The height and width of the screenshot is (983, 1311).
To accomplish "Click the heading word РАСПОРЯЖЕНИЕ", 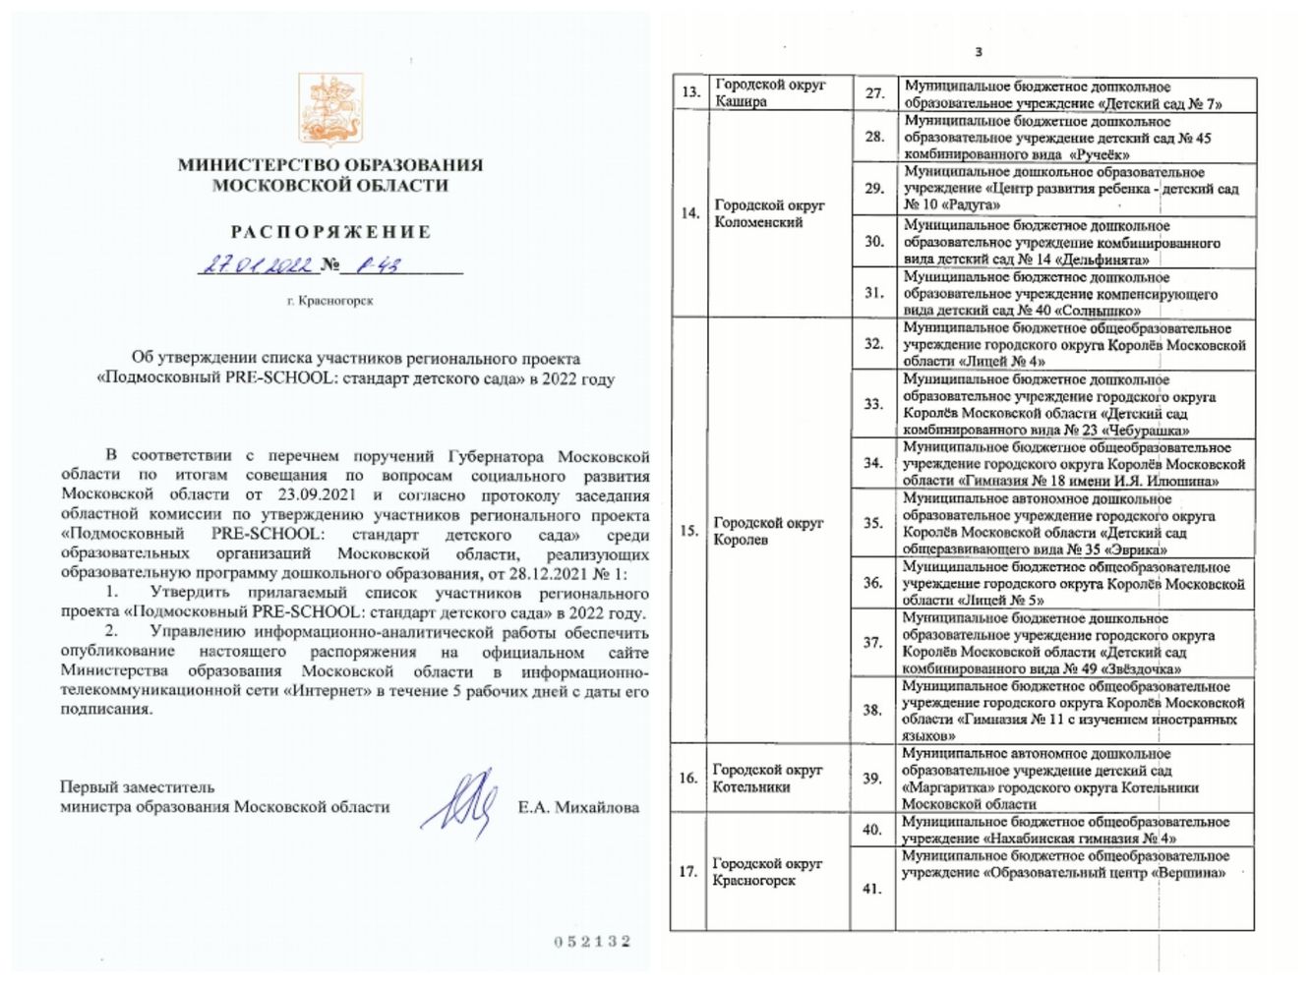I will click(x=330, y=233).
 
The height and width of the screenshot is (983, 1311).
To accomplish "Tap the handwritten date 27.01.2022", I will click(x=256, y=265).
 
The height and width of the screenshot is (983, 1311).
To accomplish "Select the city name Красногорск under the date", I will click(x=336, y=301).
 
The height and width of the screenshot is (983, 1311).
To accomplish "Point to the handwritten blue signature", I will click(x=459, y=804).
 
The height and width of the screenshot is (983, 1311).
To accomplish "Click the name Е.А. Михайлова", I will click(x=578, y=808).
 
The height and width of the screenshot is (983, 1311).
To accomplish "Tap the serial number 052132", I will click(x=592, y=942).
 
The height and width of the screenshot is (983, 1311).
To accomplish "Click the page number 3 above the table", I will click(x=978, y=52).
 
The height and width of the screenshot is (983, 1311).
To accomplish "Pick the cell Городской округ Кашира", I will click(x=770, y=92).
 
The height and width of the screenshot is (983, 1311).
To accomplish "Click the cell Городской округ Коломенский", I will click(x=770, y=213).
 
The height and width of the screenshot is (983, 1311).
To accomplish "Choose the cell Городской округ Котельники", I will click(x=767, y=778).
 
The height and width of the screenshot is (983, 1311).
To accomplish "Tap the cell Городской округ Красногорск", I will click(x=767, y=871).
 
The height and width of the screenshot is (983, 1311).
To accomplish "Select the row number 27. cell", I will click(x=874, y=93).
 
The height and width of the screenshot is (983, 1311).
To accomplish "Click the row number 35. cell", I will click(x=873, y=523).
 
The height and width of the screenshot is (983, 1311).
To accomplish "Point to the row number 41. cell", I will click(x=871, y=889).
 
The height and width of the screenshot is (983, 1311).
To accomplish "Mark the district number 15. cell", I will click(x=688, y=531).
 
